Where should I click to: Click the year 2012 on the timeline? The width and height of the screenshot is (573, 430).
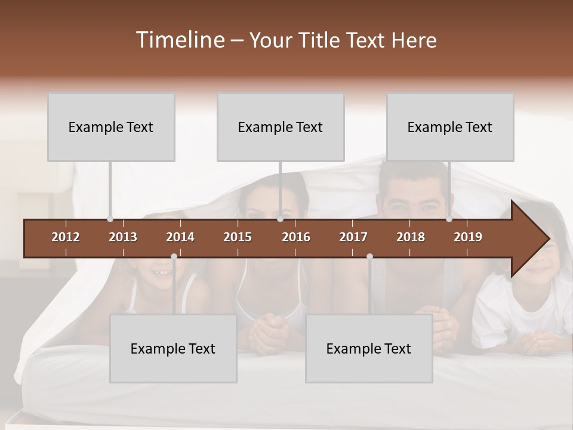[x=66, y=237]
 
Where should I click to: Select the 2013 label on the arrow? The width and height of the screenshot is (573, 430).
[x=123, y=237]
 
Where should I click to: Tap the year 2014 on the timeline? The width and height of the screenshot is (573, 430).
[x=180, y=237]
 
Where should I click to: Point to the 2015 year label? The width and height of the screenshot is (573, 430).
[x=238, y=237]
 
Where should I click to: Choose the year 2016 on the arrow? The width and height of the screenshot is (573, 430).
[x=296, y=237]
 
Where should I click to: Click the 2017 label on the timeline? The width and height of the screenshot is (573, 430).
[x=353, y=237]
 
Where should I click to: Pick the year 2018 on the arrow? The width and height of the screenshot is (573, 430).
[x=411, y=237]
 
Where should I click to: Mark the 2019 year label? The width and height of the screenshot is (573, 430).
[x=468, y=237]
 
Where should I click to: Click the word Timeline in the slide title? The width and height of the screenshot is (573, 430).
[x=179, y=40]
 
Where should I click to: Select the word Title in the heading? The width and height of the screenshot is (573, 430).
[x=320, y=41]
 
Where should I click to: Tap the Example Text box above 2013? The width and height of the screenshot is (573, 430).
[x=111, y=127]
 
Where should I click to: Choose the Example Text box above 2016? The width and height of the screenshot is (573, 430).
[x=281, y=127]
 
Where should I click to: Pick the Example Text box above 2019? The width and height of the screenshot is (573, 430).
[x=450, y=127]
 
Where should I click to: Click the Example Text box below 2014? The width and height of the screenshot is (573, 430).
[x=173, y=349]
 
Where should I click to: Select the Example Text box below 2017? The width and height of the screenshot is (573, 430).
[x=369, y=349]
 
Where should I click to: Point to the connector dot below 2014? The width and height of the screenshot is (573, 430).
[x=174, y=256]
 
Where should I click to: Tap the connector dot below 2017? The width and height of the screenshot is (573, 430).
[x=369, y=256]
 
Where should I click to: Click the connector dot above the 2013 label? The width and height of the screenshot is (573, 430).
[x=110, y=219]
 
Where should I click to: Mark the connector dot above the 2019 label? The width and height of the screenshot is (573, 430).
[x=449, y=219]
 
